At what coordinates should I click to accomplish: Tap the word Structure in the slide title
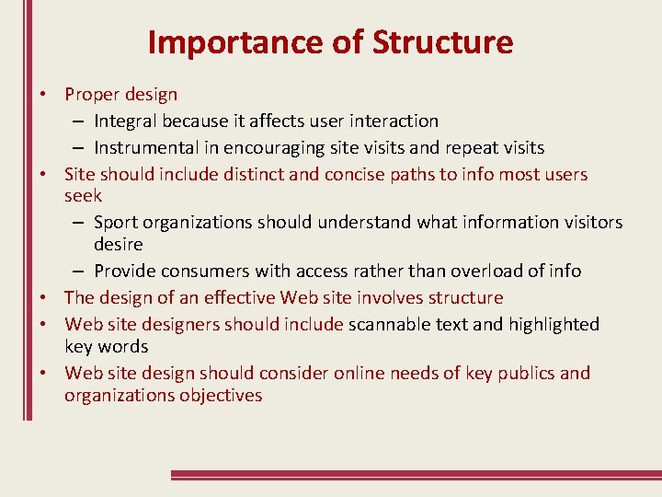click(x=443, y=42)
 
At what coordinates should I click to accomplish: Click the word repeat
click(x=474, y=147)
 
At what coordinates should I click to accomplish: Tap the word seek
click(x=83, y=195)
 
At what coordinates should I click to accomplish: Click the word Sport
click(x=117, y=222)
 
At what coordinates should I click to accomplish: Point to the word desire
click(x=119, y=244)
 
